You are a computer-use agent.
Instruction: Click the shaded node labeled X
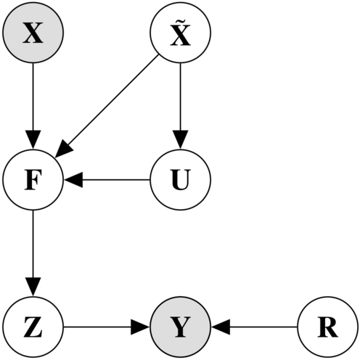pyautogui.click(x=33, y=33)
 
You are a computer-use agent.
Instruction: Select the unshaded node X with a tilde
pyautogui.click(x=180, y=33)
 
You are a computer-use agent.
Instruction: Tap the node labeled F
pyautogui.click(x=33, y=179)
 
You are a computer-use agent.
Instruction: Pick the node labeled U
pyautogui.click(x=180, y=179)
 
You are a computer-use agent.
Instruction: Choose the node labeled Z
pyautogui.click(x=33, y=327)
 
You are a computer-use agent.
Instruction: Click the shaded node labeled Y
pyautogui.click(x=180, y=327)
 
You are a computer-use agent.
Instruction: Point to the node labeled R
pyautogui.click(x=327, y=327)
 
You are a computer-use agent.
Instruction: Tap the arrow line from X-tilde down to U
pyautogui.click(x=180, y=98)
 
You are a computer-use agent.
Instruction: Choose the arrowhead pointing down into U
pyautogui.click(x=180, y=139)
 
